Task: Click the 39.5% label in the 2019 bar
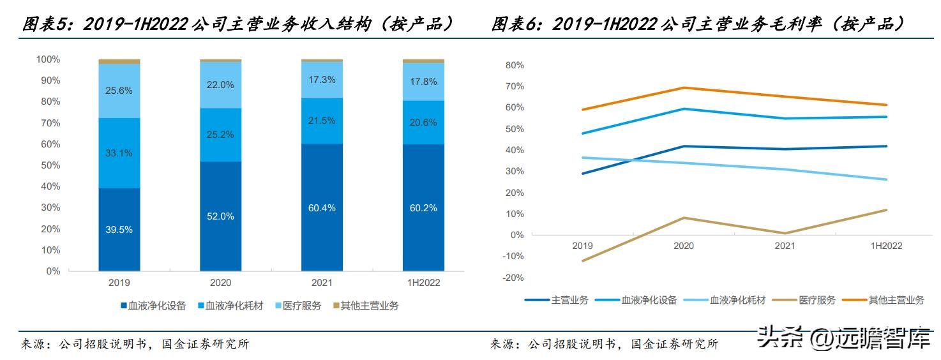coord(119,230)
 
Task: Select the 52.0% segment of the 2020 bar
coord(220,216)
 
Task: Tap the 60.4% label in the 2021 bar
coord(322,207)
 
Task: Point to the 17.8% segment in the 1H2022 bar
coord(423,82)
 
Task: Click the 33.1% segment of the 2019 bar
coord(119,153)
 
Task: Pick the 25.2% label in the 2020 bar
coord(220,135)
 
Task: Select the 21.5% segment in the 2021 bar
coord(322,121)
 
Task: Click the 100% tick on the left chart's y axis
coord(48,59)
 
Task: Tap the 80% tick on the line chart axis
coord(515,65)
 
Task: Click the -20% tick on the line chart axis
coord(513,278)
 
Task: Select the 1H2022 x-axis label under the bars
coord(423,282)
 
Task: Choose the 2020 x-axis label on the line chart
coord(684,246)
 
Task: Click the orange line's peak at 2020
coord(684,88)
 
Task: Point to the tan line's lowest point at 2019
coord(582,260)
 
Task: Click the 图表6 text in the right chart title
coord(515,24)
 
